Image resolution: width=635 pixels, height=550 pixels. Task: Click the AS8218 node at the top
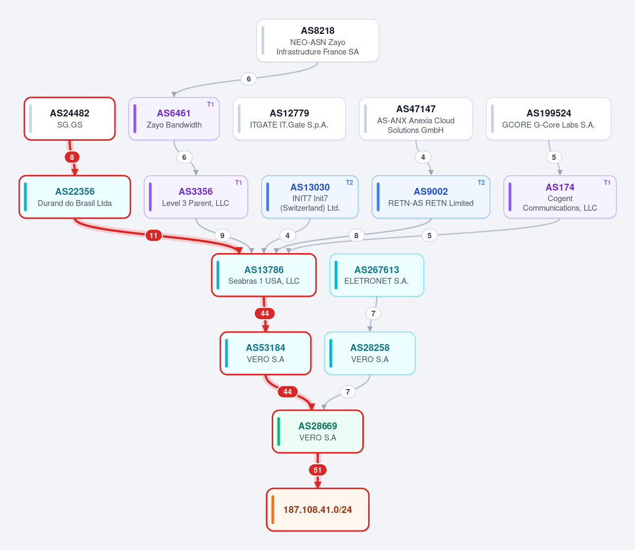(x=318, y=40)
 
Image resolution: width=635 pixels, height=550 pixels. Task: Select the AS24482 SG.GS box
(x=70, y=119)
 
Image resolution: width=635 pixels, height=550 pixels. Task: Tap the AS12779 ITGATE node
(x=289, y=119)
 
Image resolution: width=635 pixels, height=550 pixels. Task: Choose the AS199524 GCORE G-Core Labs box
(x=548, y=119)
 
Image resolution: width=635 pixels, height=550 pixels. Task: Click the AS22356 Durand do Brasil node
(x=75, y=197)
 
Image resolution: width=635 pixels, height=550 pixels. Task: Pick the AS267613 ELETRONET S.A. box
(x=377, y=275)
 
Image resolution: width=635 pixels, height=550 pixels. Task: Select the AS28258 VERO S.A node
(x=370, y=353)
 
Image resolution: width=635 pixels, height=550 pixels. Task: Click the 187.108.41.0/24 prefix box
(x=318, y=510)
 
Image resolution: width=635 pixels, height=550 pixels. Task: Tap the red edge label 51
(x=318, y=470)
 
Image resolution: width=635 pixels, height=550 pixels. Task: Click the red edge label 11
(x=154, y=236)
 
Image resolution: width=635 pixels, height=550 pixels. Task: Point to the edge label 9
(x=222, y=236)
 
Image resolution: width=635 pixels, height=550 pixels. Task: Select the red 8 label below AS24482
(x=72, y=157)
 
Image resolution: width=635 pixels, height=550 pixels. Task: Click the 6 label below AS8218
(x=249, y=79)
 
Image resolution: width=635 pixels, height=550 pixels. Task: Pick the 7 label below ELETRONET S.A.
(x=373, y=313)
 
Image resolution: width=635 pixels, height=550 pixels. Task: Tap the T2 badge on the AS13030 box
(x=349, y=183)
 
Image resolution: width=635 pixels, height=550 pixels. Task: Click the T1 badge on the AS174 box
(x=607, y=183)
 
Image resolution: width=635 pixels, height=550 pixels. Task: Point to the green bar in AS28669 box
(x=279, y=431)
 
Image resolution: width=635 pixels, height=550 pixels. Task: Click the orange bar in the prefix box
(x=273, y=510)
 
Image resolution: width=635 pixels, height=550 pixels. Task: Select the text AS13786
(x=264, y=270)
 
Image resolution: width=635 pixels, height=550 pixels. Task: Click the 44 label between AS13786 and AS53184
(x=265, y=314)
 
